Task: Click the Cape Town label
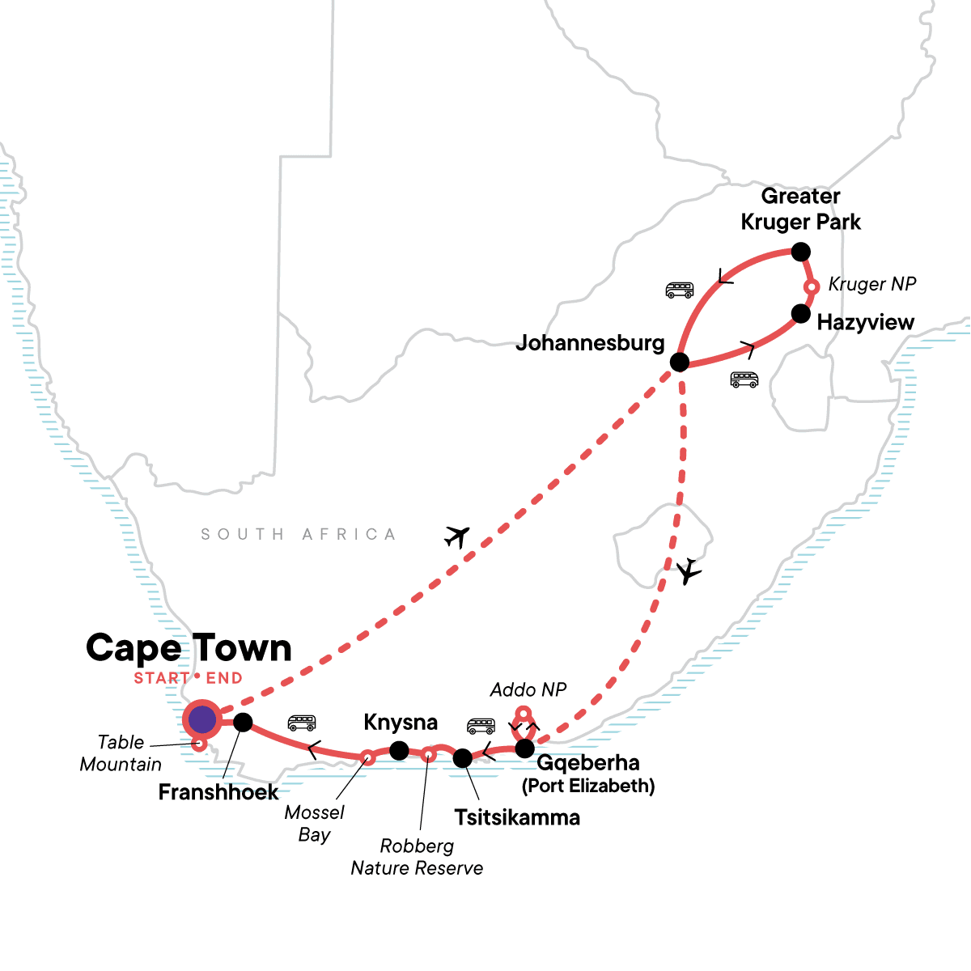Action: tap(189, 648)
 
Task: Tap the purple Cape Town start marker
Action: tap(201, 719)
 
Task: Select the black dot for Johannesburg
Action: tap(680, 362)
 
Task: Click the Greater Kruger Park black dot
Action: tap(800, 252)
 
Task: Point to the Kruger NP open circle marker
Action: tap(812, 286)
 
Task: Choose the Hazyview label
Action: tap(865, 322)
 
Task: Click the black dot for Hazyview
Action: tap(800, 313)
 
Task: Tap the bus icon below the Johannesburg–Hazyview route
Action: tap(744, 379)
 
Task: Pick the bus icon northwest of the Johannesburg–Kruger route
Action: tap(679, 290)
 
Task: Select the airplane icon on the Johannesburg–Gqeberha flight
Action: tap(689, 571)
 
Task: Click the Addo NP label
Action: tap(528, 689)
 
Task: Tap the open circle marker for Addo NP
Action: tap(524, 714)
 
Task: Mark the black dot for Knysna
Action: tap(399, 751)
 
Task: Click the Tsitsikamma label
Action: tap(517, 817)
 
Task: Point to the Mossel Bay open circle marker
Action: tap(367, 757)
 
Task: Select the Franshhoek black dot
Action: tap(243, 722)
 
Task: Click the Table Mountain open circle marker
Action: tap(199, 744)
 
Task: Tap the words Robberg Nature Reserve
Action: tap(417, 857)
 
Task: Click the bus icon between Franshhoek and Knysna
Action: tap(302, 723)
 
